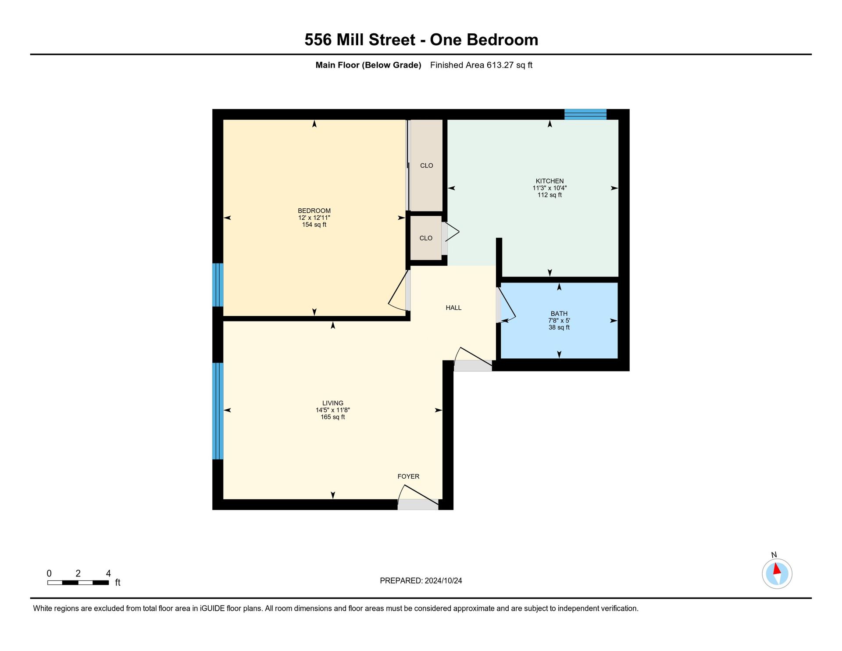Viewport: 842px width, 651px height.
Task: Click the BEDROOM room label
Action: coord(314,211)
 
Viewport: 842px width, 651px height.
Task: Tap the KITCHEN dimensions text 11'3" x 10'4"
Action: coord(549,188)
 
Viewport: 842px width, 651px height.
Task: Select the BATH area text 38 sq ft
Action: coord(559,327)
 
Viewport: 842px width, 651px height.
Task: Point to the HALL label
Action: coord(453,308)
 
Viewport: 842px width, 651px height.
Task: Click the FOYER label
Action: coord(408,476)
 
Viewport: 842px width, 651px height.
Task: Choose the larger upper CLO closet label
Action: coord(426,165)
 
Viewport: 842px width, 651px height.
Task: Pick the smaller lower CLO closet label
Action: coord(426,238)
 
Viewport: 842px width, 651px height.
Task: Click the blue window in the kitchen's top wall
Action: coord(585,114)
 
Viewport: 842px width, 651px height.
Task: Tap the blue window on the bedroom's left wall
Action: coord(218,285)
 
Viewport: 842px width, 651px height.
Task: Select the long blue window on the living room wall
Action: coord(218,411)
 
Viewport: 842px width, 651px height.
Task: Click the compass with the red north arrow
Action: coord(777,573)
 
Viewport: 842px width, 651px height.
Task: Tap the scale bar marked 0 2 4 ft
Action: coord(78,583)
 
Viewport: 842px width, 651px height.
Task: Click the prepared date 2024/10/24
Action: coord(443,580)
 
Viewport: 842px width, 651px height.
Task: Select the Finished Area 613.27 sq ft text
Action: coord(481,65)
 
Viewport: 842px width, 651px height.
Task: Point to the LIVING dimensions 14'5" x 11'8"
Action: coord(332,410)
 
